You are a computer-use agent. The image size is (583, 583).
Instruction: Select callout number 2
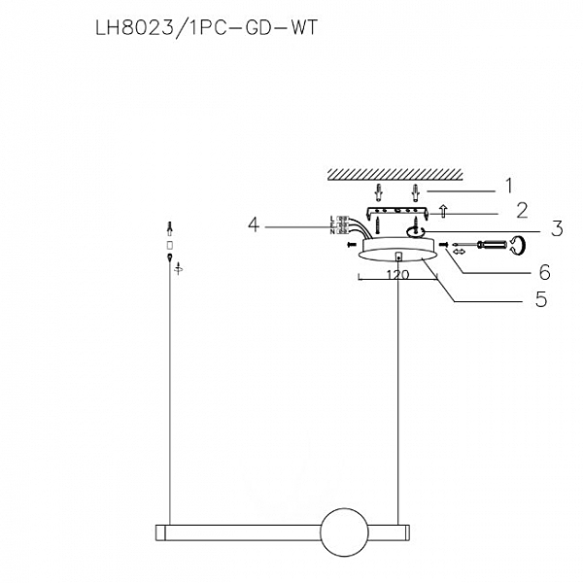pyautogui.click(x=521, y=209)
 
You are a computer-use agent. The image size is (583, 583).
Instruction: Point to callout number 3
pyautogui.click(x=557, y=230)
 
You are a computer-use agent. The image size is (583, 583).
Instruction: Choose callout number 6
pyautogui.click(x=545, y=271)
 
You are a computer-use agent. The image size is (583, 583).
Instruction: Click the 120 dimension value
pyautogui.click(x=395, y=276)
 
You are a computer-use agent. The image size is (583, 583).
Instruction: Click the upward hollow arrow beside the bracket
pyautogui.click(x=444, y=208)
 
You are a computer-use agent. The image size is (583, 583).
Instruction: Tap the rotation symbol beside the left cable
pyautogui.click(x=178, y=271)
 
